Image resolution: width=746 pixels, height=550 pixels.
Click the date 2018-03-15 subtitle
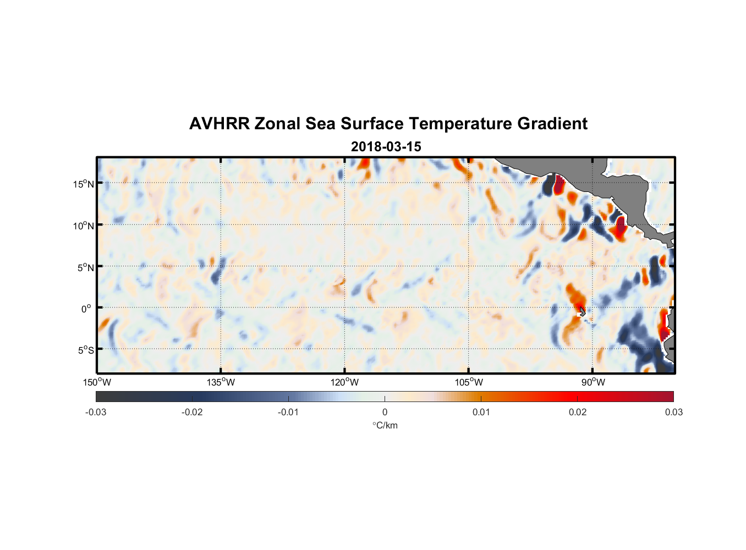point(386,147)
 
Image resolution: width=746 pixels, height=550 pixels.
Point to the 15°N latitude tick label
point(83,184)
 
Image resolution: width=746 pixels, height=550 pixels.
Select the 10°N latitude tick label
point(83,226)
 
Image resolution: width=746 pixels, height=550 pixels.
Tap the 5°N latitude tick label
point(85,267)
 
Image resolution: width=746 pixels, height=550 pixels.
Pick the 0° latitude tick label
point(86,309)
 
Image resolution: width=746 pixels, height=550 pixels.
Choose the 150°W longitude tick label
point(97,382)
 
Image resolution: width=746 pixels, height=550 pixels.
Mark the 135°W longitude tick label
point(221,382)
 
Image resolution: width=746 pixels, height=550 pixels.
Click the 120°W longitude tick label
point(345,382)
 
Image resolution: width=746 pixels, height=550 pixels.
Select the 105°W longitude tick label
point(469,382)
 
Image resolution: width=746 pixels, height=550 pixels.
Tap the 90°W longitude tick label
point(593,382)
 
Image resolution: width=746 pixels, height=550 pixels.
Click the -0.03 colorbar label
point(96,413)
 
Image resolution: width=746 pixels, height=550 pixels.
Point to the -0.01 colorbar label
point(288,413)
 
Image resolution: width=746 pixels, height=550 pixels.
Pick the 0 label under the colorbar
point(385,413)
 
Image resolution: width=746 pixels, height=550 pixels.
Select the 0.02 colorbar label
point(577,413)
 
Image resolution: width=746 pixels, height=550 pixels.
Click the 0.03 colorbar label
point(673,413)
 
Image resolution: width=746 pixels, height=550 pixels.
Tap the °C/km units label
point(385,425)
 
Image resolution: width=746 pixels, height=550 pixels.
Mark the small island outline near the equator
point(582,312)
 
